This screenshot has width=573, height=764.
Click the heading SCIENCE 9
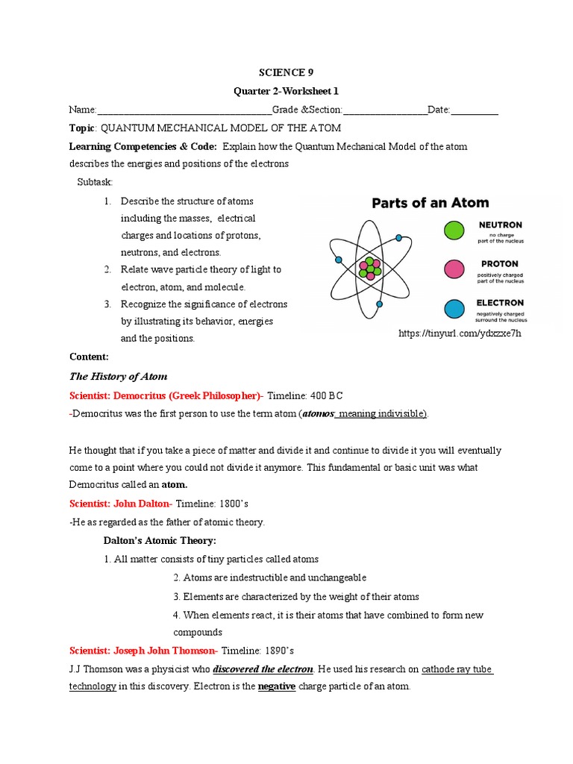click(286, 72)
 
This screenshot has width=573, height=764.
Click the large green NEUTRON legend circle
click(454, 231)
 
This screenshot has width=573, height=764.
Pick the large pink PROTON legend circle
click(454, 269)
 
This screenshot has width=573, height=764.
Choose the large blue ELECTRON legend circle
click(454, 308)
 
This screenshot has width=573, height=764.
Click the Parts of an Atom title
click(430, 202)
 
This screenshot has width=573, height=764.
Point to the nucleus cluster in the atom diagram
click(369, 268)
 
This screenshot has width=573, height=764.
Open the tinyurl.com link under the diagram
click(460, 334)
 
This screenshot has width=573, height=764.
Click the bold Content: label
click(89, 357)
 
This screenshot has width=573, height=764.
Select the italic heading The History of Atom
click(118, 376)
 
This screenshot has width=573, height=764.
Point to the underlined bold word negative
click(277, 686)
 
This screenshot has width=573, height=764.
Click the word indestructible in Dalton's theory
click(249, 578)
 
